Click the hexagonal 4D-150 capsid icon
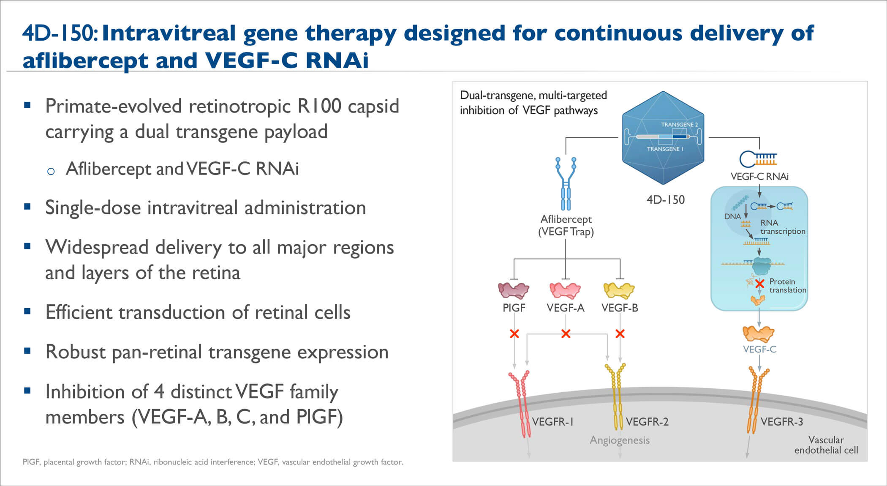663,138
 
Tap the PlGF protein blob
514,290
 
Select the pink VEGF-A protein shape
565,290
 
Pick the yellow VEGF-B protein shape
619,290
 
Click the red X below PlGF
514,334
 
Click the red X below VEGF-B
620,334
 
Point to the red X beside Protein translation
759,284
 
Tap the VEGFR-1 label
553,421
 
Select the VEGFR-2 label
647,421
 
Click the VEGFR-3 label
782,421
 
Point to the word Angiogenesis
620,440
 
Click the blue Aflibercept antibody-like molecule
566,184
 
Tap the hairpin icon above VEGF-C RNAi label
758,159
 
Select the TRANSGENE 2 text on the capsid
679,125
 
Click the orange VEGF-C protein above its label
759,334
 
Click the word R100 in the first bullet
319,106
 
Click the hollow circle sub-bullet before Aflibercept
51,171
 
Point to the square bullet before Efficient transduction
27,311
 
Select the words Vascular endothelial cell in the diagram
826,445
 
